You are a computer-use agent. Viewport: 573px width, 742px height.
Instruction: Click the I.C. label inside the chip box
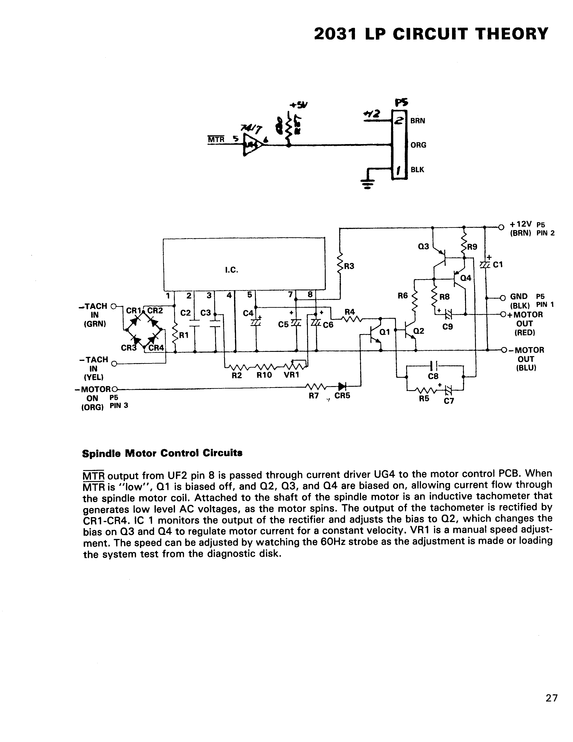click(232, 270)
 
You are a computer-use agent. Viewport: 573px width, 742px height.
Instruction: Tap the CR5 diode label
click(342, 396)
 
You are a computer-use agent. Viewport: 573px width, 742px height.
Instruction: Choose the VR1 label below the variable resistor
click(291, 376)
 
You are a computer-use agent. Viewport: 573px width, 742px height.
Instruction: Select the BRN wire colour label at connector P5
click(418, 121)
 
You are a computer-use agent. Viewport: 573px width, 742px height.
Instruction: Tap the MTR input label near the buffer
click(216, 139)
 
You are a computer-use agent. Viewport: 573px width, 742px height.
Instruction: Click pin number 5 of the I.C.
click(250, 295)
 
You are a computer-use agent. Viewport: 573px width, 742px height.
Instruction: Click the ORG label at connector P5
click(418, 145)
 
